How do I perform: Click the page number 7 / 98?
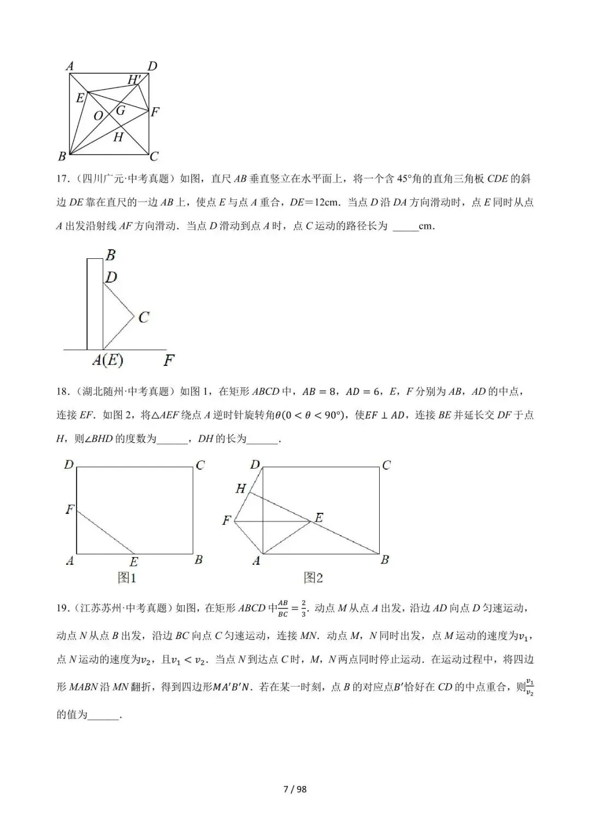pyautogui.click(x=295, y=789)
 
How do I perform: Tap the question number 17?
pyautogui.click(x=62, y=179)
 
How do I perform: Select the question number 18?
pyautogui.click(x=62, y=391)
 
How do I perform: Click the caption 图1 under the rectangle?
pyautogui.click(x=127, y=578)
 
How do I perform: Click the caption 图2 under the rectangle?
pyautogui.click(x=314, y=578)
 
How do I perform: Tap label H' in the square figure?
pyautogui.click(x=134, y=80)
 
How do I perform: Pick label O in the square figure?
pyautogui.click(x=98, y=116)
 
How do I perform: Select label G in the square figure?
pyautogui.click(x=121, y=110)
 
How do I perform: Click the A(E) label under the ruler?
pyautogui.click(x=108, y=360)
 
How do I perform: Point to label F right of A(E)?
pyautogui.click(x=169, y=360)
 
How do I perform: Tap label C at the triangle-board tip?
pyautogui.click(x=144, y=317)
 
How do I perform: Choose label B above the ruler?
pyautogui.click(x=111, y=255)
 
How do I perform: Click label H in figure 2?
pyautogui.click(x=241, y=488)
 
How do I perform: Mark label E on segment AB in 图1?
pyautogui.click(x=134, y=561)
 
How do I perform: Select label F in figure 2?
pyautogui.click(x=227, y=521)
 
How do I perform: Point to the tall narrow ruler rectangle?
pyautogui.click(x=95, y=304)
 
